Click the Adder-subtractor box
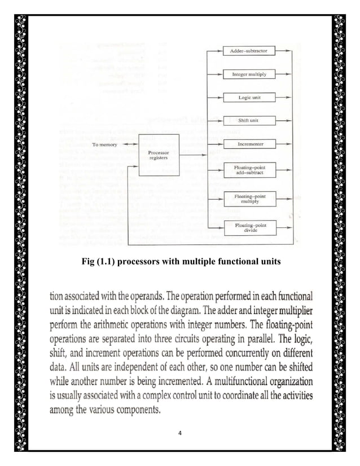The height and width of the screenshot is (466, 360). (249, 51)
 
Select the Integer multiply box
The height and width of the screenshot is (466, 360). (249, 74)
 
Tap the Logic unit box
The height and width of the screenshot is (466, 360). (249, 97)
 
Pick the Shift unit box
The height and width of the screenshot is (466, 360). (249, 120)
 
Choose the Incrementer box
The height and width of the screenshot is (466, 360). (249, 144)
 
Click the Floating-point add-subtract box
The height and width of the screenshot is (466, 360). (249, 170)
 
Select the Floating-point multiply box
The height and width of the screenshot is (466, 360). (249, 199)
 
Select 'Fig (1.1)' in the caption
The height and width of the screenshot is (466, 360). (99, 261)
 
